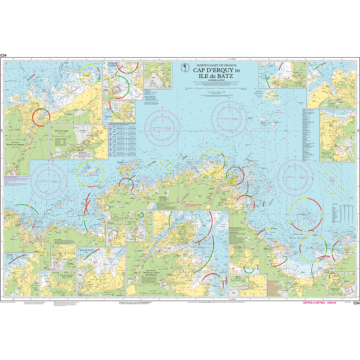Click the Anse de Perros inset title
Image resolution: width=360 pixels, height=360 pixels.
(x=88, y=250)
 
